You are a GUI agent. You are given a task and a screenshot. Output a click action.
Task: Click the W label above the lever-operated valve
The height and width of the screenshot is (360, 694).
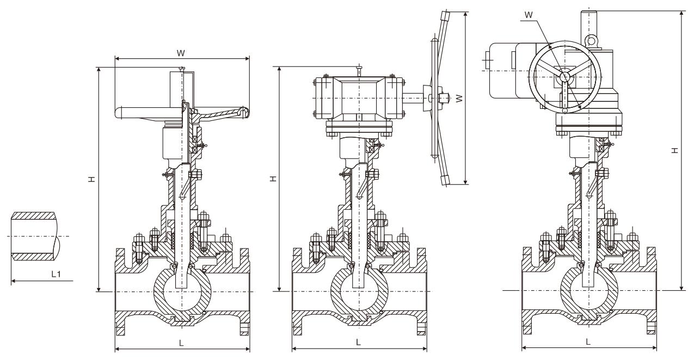tap(181, 53)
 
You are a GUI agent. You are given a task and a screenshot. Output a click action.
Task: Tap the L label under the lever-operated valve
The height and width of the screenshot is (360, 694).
tap(181, 343)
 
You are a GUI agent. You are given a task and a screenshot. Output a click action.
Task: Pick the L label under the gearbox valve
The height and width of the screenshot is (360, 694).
tap(358, 343)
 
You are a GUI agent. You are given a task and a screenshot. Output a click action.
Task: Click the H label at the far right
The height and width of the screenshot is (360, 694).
tap(674, 150)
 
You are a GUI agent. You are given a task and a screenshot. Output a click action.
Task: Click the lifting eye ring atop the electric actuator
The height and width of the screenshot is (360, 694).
tap(591, 39)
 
